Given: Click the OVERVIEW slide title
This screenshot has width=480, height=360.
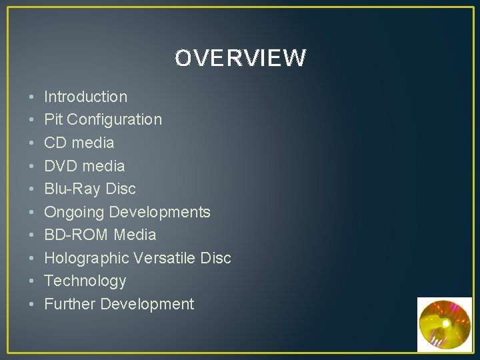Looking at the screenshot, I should [240, 59].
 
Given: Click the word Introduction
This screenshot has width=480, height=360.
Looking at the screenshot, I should [85, 97].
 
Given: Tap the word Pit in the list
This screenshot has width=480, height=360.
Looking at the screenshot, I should [53, 120].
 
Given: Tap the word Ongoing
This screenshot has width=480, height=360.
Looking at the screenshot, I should [73, 213].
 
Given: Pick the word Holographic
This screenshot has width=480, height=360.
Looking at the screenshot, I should [87, 258].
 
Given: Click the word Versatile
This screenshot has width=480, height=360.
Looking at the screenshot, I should [167, 258].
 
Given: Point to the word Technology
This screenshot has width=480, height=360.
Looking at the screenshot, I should [85, 281].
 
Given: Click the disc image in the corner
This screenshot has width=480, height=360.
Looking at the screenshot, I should [444, 324].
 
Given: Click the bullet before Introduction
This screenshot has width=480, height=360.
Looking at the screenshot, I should [32, 97].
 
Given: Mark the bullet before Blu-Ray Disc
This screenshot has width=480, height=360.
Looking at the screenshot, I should [32, 189].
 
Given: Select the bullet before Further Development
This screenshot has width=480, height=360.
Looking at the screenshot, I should [32, 305].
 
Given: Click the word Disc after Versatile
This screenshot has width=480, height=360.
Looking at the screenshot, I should [217, 258].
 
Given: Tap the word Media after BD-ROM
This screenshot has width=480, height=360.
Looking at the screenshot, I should [135, 235].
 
